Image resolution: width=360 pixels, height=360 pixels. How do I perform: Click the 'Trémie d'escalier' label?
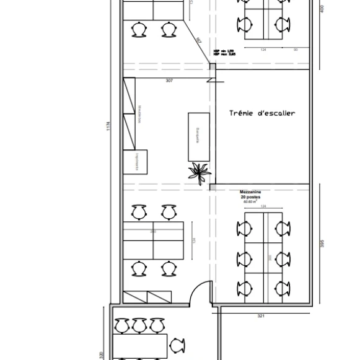tap(262, 113)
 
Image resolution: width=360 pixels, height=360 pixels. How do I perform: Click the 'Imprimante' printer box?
tap(135, 161)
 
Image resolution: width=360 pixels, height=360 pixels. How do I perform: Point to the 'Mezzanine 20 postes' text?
tap(251, 195)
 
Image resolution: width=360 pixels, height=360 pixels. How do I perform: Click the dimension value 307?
tap(169, 81)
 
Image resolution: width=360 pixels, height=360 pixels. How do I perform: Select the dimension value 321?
tap(261, 317)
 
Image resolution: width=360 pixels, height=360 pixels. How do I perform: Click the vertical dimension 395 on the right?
tap(322, 245)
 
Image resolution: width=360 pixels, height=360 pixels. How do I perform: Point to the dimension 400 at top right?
tap(322, 9)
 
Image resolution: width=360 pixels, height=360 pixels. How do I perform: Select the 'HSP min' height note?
tap(223, 51)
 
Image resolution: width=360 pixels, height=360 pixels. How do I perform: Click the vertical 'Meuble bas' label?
tap(141, 113)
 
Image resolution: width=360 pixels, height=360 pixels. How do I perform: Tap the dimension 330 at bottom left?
tap(101, 355)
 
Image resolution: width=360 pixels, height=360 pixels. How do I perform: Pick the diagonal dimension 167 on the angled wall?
tap(199, 41)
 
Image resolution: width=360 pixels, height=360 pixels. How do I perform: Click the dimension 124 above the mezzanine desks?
tap(263, 206)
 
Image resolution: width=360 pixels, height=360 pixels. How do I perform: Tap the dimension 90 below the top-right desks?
tap(296, 50)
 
